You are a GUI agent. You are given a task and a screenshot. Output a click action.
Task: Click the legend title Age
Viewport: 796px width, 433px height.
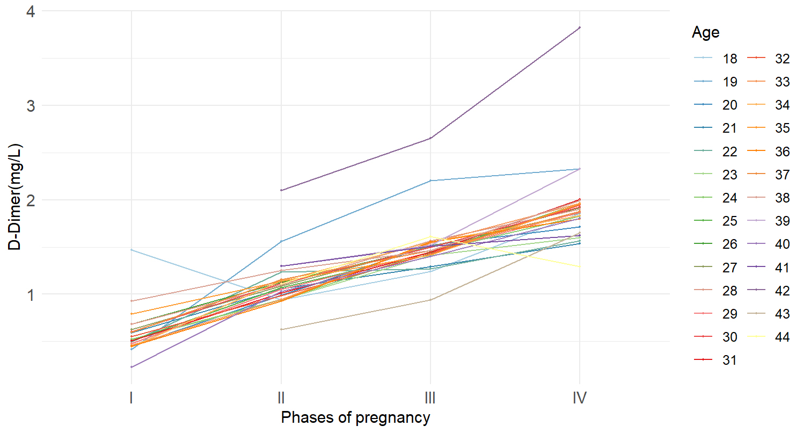tap(705, 33)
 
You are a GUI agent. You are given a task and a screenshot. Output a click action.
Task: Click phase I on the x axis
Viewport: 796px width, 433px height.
tap(132, 399)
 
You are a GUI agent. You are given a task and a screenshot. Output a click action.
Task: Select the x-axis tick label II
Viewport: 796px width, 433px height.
tap(281, 399)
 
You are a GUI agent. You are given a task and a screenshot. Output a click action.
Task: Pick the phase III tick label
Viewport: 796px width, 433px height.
tap(430, 399)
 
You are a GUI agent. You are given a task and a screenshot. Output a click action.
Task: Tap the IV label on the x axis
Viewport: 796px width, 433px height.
tap(579, 399)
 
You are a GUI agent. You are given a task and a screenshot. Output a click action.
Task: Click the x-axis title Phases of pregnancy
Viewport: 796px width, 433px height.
tap(355, 417)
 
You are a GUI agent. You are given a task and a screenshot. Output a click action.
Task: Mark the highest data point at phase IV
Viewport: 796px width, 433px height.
tap(580, 27)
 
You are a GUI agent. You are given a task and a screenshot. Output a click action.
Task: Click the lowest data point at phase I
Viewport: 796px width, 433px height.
tap(132, 367)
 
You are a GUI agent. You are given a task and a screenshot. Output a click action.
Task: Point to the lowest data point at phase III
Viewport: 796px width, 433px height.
tap(430, 300)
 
